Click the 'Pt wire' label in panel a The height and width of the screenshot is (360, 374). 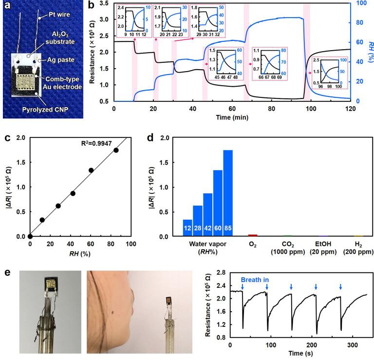point(58,15)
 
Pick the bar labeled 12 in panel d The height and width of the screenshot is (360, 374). point(187,228)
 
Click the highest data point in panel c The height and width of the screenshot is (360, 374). point(116,150)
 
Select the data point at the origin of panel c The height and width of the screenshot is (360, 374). point(30,236)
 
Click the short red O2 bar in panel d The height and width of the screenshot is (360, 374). point(252,235)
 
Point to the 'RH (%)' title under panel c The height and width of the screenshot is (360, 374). point(80,253)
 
